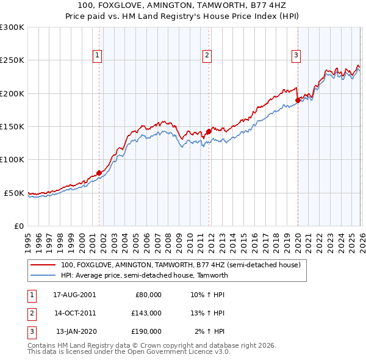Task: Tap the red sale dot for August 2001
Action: [x=99, y=173]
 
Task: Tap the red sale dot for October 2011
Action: [x=209, y=131]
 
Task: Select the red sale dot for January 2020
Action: [x=298, y=100]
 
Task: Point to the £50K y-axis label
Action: [x=14, y=193]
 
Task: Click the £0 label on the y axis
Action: [x=20, y=226]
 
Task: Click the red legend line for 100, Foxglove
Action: [x=43, y=265]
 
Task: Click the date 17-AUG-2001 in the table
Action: [x=74, y=295]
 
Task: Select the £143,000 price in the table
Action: [x=147, y=313]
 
